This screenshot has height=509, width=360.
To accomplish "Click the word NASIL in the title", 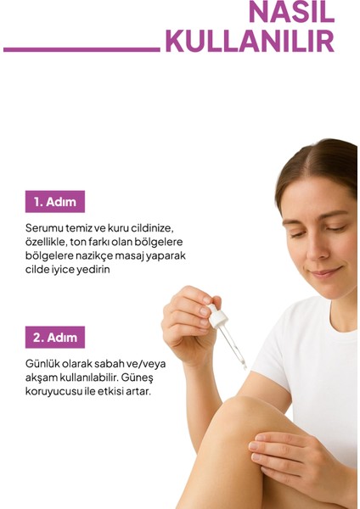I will pyautogui.click(x=291, y=12).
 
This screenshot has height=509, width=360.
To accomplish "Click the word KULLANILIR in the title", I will pyautogui.click(x=250, y=41).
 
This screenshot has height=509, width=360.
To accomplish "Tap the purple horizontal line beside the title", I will pyautogui.click(x=82, y=49).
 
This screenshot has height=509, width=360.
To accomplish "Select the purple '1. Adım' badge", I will pyautogui.click(x=55, y=202).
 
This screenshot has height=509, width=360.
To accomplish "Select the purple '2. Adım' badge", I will pyautogui.click(x=55, y=337).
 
